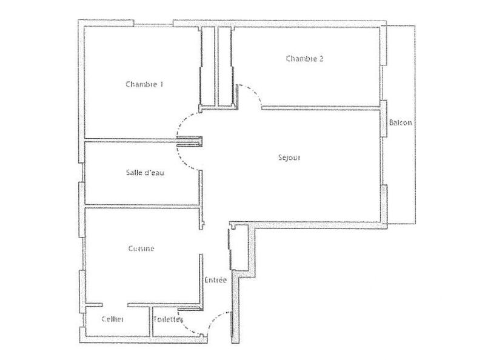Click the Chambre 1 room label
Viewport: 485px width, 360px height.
[x=144, y=84]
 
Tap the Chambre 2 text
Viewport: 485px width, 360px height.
[x=304, y=59]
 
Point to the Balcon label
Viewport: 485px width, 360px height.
[x=401, y=122]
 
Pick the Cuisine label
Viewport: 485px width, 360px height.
[x=141, y=248]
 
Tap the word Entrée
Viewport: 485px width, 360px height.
[x=215, y=280]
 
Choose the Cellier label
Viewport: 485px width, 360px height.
[x=113, y=319]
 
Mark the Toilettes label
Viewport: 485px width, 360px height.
[x=169, y=319]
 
